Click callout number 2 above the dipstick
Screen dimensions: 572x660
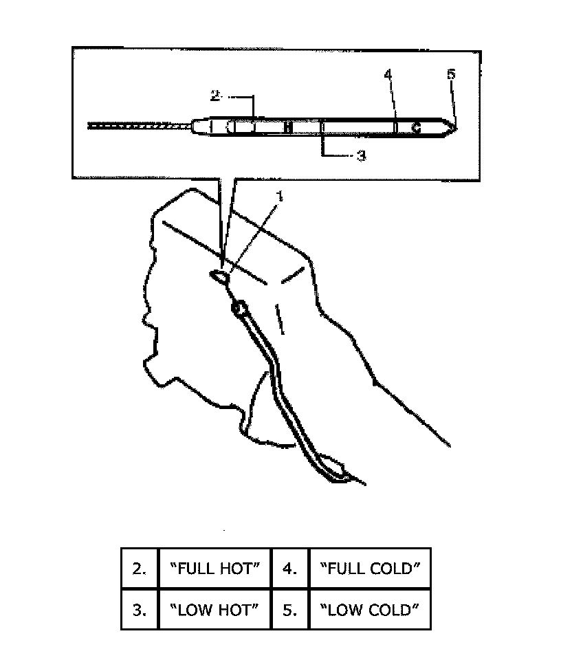coord(214,97)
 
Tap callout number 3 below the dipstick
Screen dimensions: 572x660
coord(362,156)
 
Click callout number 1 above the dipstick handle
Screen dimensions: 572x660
coord(280,196)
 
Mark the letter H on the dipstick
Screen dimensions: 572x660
coord(288,127)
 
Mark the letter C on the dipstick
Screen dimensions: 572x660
coord(415,127)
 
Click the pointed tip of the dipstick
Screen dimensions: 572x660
coord(455,126)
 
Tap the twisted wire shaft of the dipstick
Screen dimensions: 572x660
coord(137,126)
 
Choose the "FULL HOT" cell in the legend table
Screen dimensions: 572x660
coord(214,569)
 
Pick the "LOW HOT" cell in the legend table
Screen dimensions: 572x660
coord(214,610)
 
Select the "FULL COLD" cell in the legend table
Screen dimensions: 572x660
coord(370,569)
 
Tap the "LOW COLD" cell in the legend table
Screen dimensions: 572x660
coord(370,610)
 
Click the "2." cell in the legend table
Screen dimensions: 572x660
coord(140,569)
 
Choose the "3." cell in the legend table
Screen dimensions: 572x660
coord(140,610)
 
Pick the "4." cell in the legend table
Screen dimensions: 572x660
coord(290,569)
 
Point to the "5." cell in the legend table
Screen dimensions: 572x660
coord(290,610)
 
